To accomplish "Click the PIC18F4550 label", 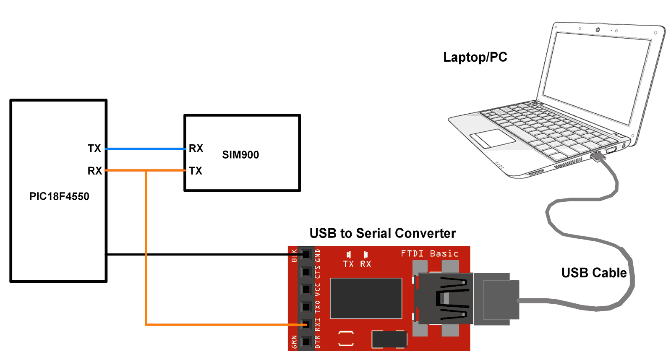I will (59, 196).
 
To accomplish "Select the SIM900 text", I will (240, 155).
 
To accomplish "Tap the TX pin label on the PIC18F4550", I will (94, 148).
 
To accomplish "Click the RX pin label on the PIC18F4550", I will (94, 171).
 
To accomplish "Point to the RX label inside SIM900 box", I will (196, 148).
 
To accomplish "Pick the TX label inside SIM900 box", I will (196, 171).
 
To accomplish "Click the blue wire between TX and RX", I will (145, 149).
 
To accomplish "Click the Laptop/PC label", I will (475, 57).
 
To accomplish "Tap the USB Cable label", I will (594, 273).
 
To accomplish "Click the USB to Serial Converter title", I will (382, 233).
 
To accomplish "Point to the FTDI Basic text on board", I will (429, 253).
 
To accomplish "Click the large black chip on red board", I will (366, 298).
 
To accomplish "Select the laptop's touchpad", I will (493, 138).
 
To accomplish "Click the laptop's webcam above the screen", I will (598, 30).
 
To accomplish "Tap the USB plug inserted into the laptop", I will (598, 157).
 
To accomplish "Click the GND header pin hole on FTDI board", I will (306, 255).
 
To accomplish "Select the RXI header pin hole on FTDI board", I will (306, 324).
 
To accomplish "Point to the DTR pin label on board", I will (318, 342).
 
